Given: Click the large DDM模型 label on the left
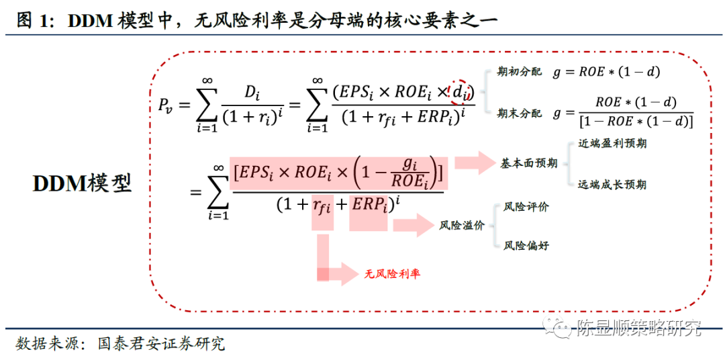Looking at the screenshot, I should tap(83, 183).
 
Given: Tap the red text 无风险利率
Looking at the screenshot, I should tap(393, 274).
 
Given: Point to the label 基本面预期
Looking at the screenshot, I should tap(529, 163).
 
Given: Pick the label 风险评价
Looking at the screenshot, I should tap(526, 208).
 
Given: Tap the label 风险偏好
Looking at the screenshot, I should tap(526, 246).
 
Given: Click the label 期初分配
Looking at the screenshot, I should tap(519, 72).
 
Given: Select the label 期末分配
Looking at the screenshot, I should tap(519, 114).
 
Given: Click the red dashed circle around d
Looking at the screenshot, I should tap(461, 92).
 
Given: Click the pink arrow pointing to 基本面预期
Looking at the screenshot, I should tap(473, 163).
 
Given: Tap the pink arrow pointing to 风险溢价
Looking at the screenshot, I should tap(414, 226).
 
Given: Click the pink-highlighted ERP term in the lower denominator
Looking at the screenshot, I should tap(369, 204).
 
